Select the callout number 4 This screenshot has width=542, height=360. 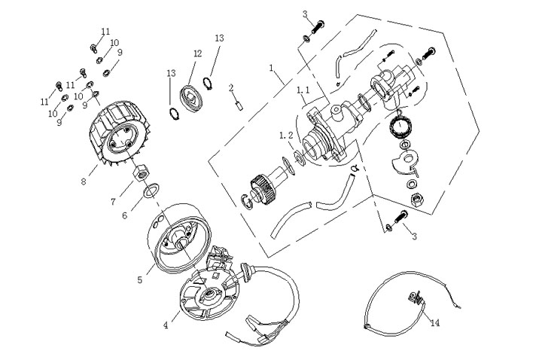coord(166,325)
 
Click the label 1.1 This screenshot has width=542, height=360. coord(303,90)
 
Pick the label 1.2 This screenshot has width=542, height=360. coord(285,135)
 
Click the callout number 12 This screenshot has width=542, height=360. coord(198,53)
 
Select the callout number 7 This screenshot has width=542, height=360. coord(113,201)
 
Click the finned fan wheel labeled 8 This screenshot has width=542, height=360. coord(115,139)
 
